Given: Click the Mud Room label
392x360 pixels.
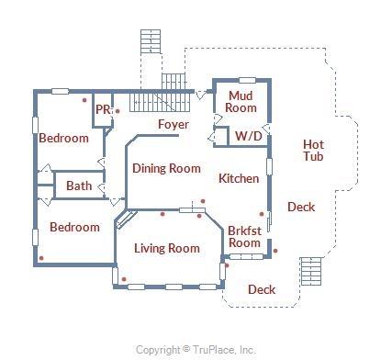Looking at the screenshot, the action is pyautogui.click(x=241, y=102).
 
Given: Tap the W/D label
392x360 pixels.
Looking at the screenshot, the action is pyautogui.click(x=249, y=136).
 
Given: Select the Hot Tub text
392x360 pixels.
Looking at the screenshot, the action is pyautogui.click(x=313, y=151).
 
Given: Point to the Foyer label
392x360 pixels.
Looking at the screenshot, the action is pyautogui.click(x=174, y=124).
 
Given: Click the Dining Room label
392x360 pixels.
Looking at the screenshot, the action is pyautogui.click(x=166, y=168).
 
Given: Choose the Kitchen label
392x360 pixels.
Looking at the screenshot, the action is pyautogui.click(x=239, y=178).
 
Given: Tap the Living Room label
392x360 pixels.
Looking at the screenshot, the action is pyautogui.click(x=167, y=248).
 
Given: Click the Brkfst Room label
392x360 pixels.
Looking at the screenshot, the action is pyautogui.click(x=244, y=237).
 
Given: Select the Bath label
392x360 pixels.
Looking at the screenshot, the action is pyautogui.click(x=79, y=186).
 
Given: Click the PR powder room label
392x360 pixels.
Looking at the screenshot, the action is pyautogui.click(x=103, y=109).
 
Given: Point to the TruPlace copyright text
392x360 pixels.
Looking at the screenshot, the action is pyautogui.click(x=196, y=350).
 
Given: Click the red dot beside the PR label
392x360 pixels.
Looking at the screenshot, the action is pyautogui.click(x=118, y=111).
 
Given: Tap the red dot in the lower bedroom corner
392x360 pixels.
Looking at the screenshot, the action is pyautogui.click(x=41, y=258).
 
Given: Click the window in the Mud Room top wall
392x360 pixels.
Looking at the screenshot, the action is pyautogui.click(x=247, y=81).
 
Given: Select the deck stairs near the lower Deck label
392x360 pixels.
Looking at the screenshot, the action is pyautogui.click(x=311, y=271).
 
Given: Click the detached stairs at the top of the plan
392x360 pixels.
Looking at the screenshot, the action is pyautogui.click(x=151, y=41).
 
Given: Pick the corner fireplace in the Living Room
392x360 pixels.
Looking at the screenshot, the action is pyautogui.click(x=126, y=219).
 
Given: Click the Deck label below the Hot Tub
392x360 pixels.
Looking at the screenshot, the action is pyautogui.click(x=301, y=208).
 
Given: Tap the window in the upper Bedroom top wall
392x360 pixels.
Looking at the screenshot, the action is pyautogui.click(x=60, y=91).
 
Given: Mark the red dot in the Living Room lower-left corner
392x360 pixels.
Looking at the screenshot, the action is pyautogui.click(x=124, y=279).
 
